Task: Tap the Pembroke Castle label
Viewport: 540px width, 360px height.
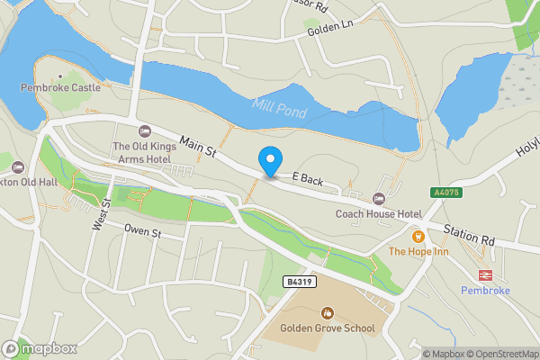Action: [x=60, y=89]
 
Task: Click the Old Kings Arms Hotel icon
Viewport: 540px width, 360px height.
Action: [x=145, y=131]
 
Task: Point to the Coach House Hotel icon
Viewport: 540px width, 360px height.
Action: [x=378, y=198]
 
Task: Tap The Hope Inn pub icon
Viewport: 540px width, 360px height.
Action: [x=418, y=236]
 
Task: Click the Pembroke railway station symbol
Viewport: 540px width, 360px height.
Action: [x=485, y=274]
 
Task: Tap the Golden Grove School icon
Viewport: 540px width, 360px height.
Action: [x=327, y=313]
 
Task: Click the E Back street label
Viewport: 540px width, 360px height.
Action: [x=307, y=181]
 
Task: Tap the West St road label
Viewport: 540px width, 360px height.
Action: [x=100, y=214]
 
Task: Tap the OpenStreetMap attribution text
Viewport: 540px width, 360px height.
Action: [x=501, y=354]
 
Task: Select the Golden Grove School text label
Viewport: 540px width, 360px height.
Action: [x=327, y=328]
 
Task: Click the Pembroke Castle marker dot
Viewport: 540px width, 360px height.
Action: [x=60, y=76]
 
